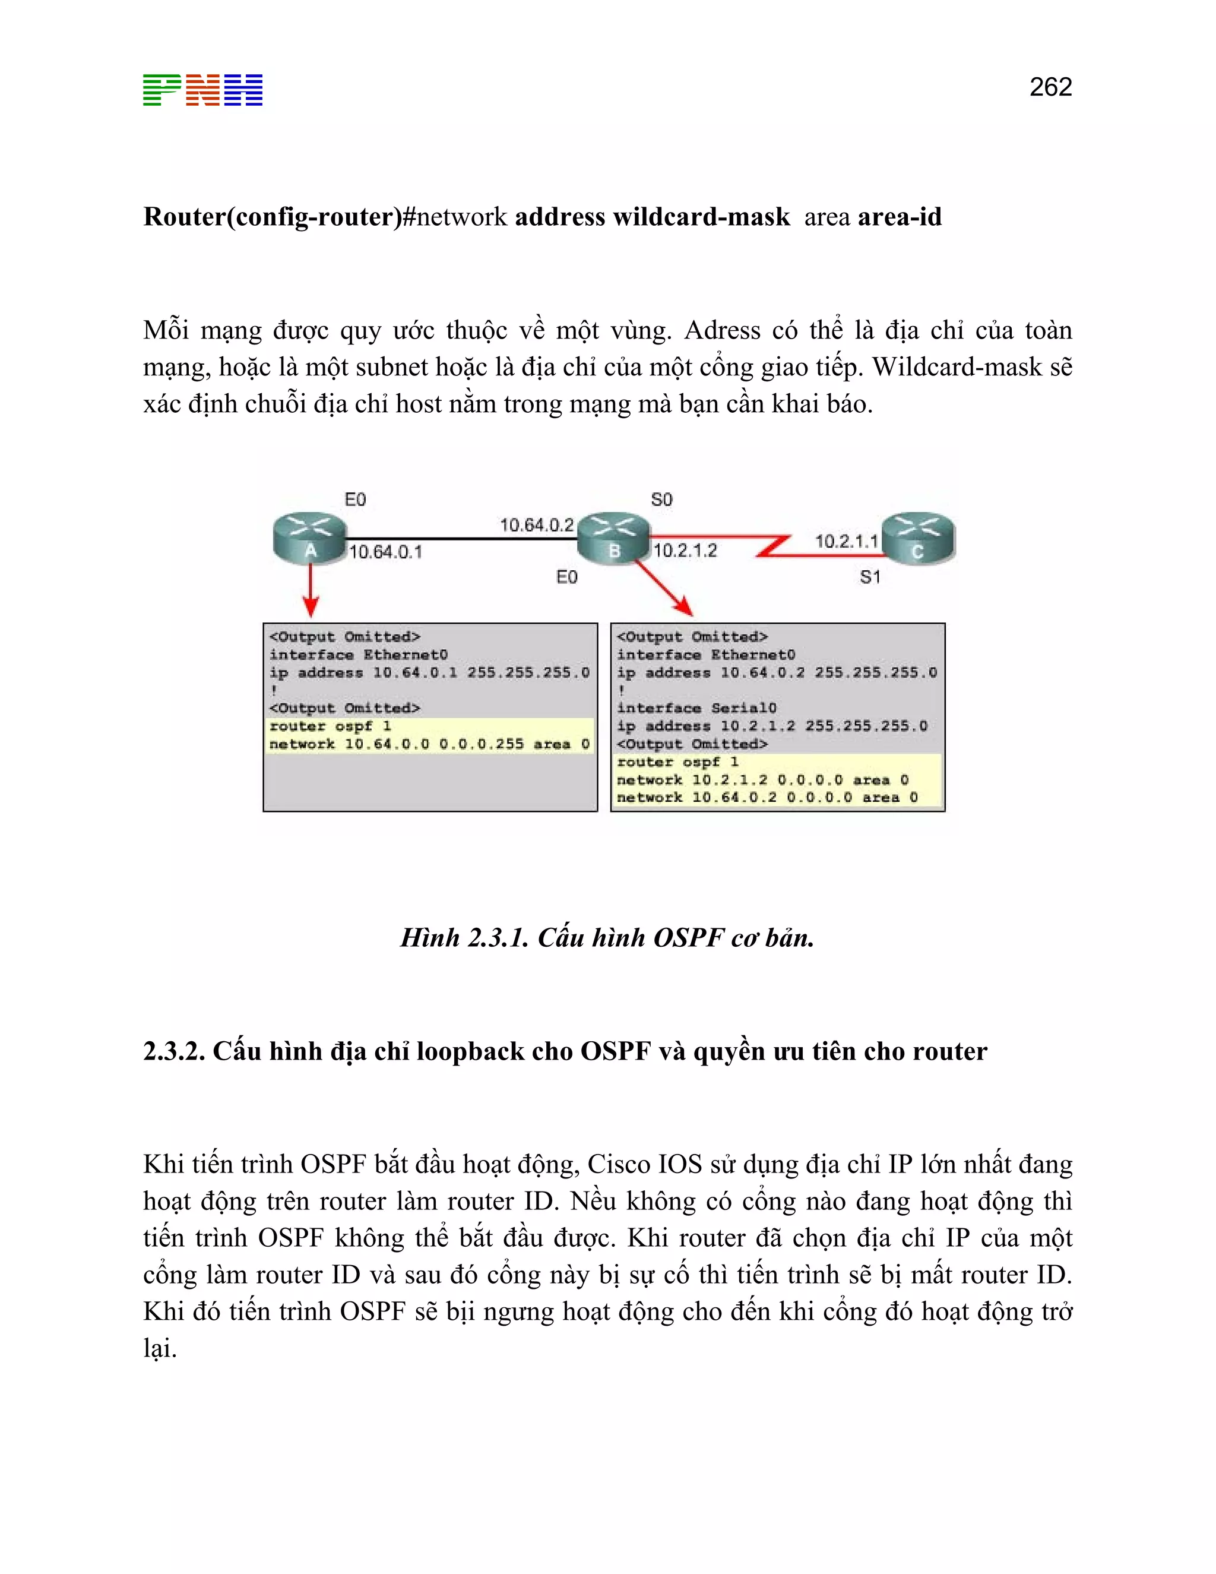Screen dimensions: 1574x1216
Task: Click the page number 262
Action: click(1050, 87)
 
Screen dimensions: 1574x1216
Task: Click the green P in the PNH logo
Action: click(161, 90)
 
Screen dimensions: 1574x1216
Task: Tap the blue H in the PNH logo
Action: click(243, 90)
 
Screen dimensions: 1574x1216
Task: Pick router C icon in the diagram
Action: click(918, 538)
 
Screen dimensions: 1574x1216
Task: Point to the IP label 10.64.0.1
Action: click(385, 552)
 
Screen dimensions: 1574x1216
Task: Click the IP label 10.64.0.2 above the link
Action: click(537, 524)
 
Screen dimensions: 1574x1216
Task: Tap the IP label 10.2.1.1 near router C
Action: click(847, 541)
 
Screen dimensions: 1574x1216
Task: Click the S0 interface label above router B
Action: click(661, 500)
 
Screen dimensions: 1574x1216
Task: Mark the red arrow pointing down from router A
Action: click(311, 590)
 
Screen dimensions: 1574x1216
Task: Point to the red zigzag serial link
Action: click(774, 546)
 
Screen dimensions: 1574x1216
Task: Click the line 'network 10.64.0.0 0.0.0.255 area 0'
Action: click(429, 744)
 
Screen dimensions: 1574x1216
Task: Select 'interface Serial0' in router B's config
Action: click(696, 708)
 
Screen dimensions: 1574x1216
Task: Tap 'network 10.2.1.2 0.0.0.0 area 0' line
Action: click(762, 780)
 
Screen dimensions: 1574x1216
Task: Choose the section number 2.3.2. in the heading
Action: click(173, 1051)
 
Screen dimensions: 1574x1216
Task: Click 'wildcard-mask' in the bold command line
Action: click(701, 217)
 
